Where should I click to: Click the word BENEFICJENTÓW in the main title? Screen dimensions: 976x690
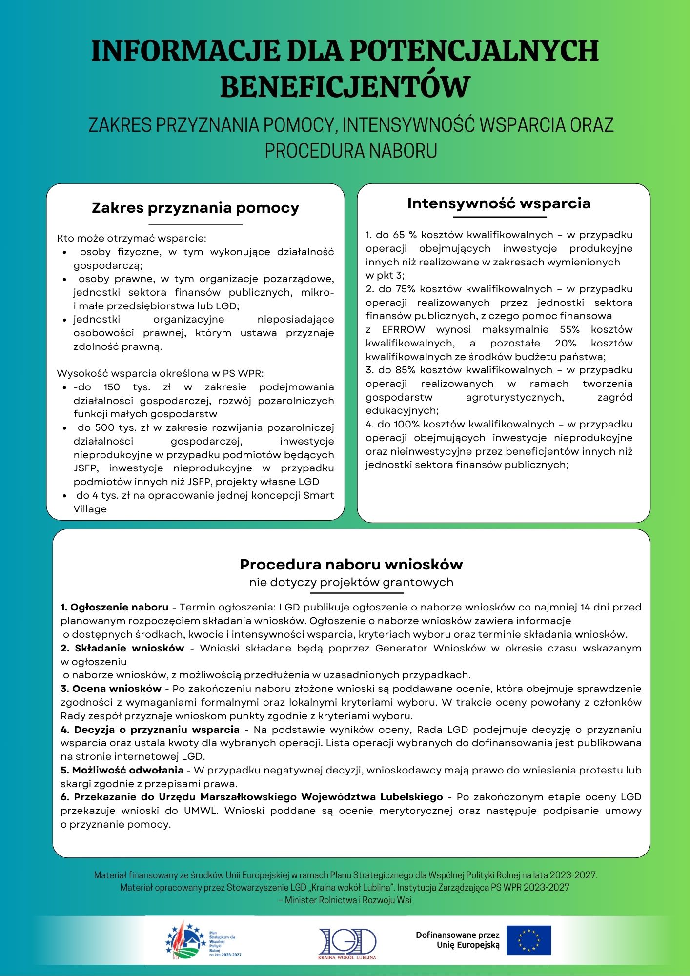(345, 87)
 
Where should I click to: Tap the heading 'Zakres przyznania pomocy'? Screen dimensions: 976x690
(195, 208)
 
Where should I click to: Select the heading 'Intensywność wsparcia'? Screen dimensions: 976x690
(499, 203)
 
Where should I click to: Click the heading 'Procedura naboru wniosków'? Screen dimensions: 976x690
(351, 565)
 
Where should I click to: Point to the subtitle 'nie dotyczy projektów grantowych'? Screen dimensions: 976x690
(351, 582)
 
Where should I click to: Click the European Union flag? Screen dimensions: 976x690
(528, 940)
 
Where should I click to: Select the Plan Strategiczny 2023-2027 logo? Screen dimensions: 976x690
(203, 940)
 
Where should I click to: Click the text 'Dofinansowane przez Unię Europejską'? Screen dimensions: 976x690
(458, 940)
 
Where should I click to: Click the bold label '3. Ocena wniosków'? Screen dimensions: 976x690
(111, 689)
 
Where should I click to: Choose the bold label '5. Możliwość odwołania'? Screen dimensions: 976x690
(122, 770)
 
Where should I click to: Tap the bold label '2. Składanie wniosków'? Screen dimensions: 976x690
(122, 648)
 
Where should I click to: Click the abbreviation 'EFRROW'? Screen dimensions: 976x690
(403, 329)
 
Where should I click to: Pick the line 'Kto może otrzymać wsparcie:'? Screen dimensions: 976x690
(131, 239)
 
